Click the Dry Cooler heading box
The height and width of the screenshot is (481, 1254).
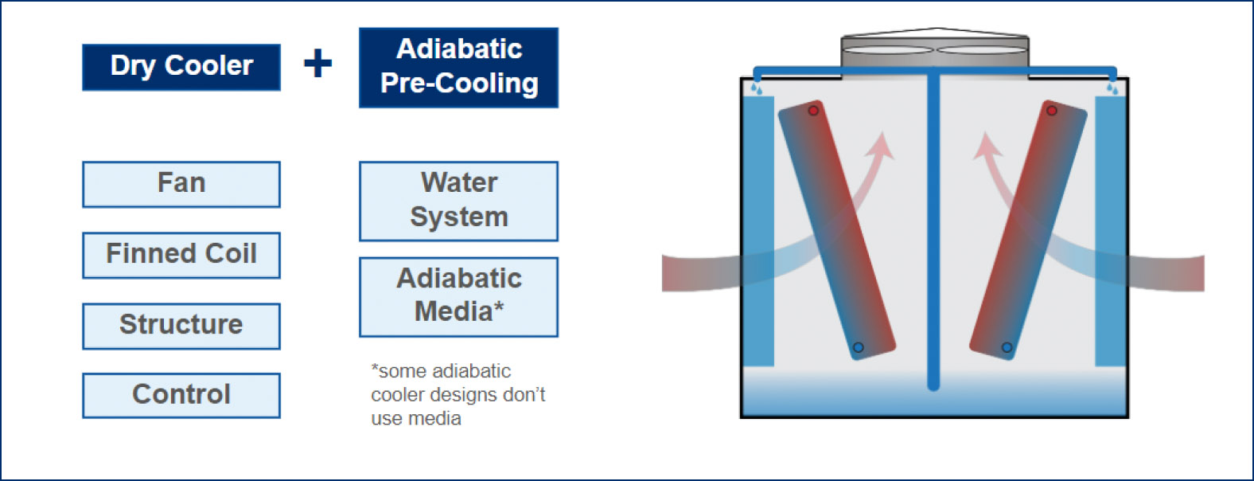(x=181, y=67)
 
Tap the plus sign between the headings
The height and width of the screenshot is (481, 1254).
(x=317, y=63)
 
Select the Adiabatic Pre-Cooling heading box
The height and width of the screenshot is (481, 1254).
(x=458, y=68)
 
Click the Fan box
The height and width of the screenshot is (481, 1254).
(x=181, y=184)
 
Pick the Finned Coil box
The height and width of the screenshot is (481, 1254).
(x=181, y=255)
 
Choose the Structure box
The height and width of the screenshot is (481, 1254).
(x=181, y=326)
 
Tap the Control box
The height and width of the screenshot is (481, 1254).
(x=181, y=395)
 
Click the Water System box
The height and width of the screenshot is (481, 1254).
(x=458, y=201)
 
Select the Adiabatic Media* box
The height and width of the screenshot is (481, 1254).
(x=458, y=296)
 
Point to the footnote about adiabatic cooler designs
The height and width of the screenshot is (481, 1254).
(x=458, y=395)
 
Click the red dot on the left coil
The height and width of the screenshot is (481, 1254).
(x=813, y=110)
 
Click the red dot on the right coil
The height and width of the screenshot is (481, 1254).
(x=1052, y=110)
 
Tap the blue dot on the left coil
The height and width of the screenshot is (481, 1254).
(x=858, y=347)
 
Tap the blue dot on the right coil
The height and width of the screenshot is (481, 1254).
(x=1007, y=347)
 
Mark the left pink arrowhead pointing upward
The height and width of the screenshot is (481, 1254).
(x=881, y=146)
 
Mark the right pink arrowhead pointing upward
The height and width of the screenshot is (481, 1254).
(x=986, y=146)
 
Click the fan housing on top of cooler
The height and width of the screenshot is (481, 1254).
(x=935, y=51)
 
